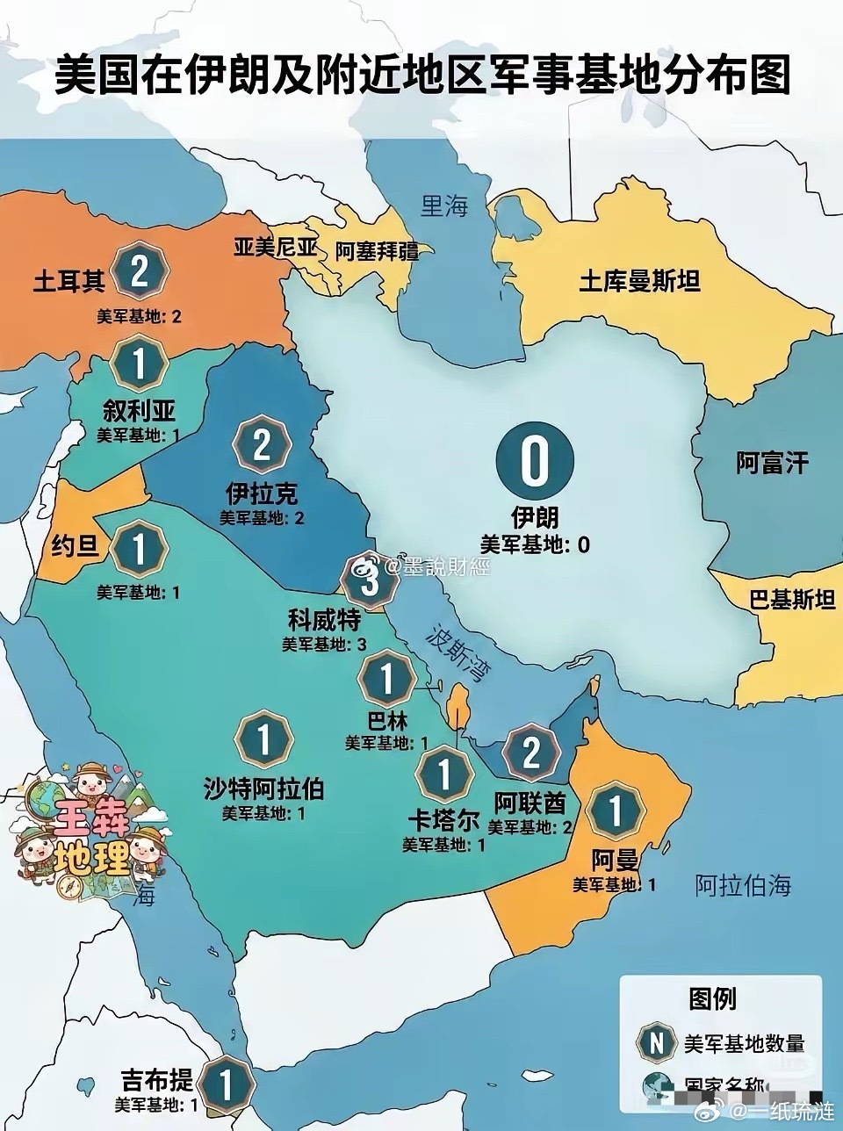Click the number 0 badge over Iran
534,461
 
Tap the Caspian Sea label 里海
444,207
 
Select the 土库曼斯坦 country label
639,281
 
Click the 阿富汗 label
772,463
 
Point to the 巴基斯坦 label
792,601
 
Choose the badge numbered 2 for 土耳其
140,271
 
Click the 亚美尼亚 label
275,248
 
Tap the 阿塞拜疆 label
378,251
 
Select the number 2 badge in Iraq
261,445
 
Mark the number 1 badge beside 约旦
139,549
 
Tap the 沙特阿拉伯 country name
263,789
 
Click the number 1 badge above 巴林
386,679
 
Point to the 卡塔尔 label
443,820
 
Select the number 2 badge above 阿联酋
530,753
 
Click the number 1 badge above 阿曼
615,812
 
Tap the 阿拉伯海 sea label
743,885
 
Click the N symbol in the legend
655,1043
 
